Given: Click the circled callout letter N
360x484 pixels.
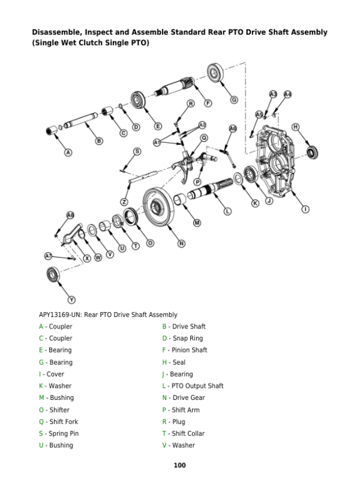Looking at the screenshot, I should click(x=181, y=243).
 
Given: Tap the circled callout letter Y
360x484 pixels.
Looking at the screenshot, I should click(x=72, y=299).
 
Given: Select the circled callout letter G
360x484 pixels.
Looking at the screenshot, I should click(x=234, y=99).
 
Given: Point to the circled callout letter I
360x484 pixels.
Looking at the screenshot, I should click(x=305, y=209).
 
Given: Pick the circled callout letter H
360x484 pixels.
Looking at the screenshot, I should click(x=296, y=127).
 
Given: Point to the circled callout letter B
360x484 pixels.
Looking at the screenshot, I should click(x=99, y=141).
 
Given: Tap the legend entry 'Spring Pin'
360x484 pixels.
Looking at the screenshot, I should click(x=62, y=434).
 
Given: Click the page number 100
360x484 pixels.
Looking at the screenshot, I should click(x=179, y=465).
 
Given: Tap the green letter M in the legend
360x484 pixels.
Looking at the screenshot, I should click(x=41, y=398).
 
